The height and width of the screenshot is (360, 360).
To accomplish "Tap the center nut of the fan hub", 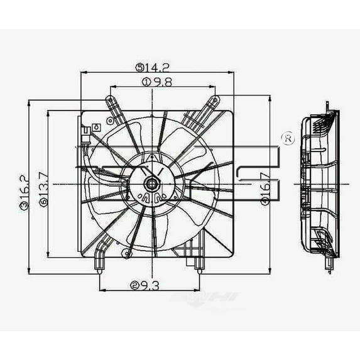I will [x=151, y=184].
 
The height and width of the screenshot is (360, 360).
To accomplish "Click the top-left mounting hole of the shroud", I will [x=111, y=99].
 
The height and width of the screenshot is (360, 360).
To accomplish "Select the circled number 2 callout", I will [x=135, y=285].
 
